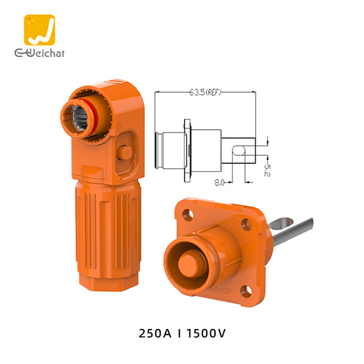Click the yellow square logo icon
[x=38, y=30]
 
